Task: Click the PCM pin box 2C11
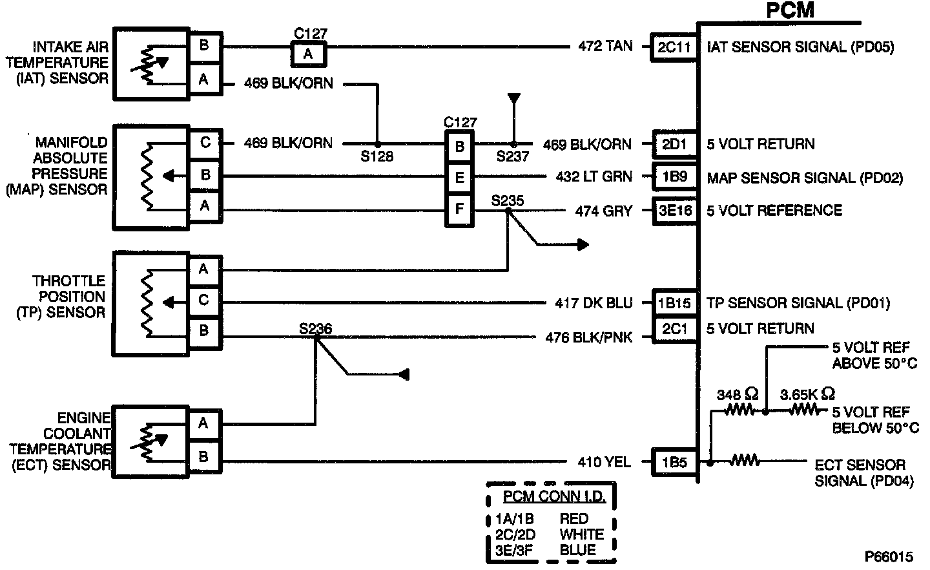[x=674, y=47]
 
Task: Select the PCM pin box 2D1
[x=674, y=144]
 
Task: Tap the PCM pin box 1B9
[x=674, y=176]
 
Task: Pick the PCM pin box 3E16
[x=674, y=211]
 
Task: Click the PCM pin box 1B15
[x=674, y=302]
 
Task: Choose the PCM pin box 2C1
[x=674, y=329]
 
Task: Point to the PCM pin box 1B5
[x=674, y=462]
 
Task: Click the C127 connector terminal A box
[x=308, y=54]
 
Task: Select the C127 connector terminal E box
[x=459, y=178]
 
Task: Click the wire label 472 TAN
[x=605, y=47]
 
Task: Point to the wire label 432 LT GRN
[x=594, y=176]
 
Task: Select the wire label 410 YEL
[x=604, y=462]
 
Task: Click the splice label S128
[x=377, y=156]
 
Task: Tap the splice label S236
[x=315, y=329]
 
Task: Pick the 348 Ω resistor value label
[x=738, y=394]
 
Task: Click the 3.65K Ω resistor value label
[x=807, y=394]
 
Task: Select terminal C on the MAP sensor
[x=205, y=142]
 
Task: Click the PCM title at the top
[x=790, y=10]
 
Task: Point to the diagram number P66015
[x=889, y=556]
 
